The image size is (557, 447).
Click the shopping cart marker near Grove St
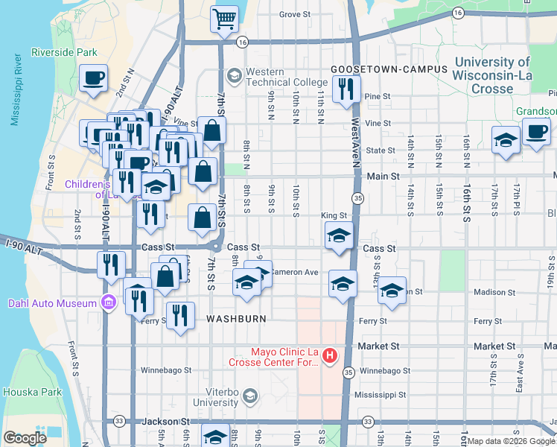pos(224,19)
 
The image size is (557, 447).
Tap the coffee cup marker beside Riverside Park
pos(94,77)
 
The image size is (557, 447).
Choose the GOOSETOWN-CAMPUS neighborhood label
pos(389,69)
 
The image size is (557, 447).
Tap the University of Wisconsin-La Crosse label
pos(492,76)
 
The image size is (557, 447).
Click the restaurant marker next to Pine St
pos(345,91)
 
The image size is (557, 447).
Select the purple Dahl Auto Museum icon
pos(109,303)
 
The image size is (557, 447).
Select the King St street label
pos(334,215)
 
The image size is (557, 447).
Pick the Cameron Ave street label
pos(294,272)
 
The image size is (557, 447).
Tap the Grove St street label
pos(295,14)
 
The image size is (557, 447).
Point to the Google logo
pos(25,438)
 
